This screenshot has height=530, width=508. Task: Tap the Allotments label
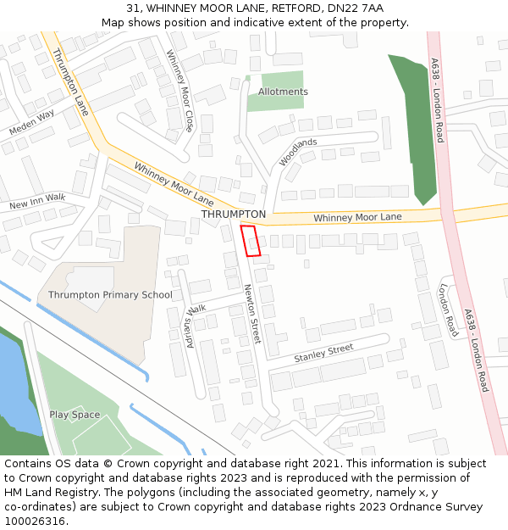click(283, 92)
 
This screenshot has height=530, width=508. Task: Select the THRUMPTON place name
click(234, 215)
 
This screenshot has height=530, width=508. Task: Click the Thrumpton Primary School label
click(110, 295)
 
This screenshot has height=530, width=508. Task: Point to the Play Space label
click(75, 415)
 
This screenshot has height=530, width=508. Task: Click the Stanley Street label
click(323, 354)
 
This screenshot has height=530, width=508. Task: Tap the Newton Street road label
click(251, 313)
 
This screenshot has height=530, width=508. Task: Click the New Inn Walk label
click(36, 202)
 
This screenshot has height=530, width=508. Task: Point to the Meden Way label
click(31, 122)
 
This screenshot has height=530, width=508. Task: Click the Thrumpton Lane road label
click(70, 82)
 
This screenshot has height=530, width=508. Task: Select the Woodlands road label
click(298, 152)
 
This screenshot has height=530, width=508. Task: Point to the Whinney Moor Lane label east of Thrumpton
click(357, 218)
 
